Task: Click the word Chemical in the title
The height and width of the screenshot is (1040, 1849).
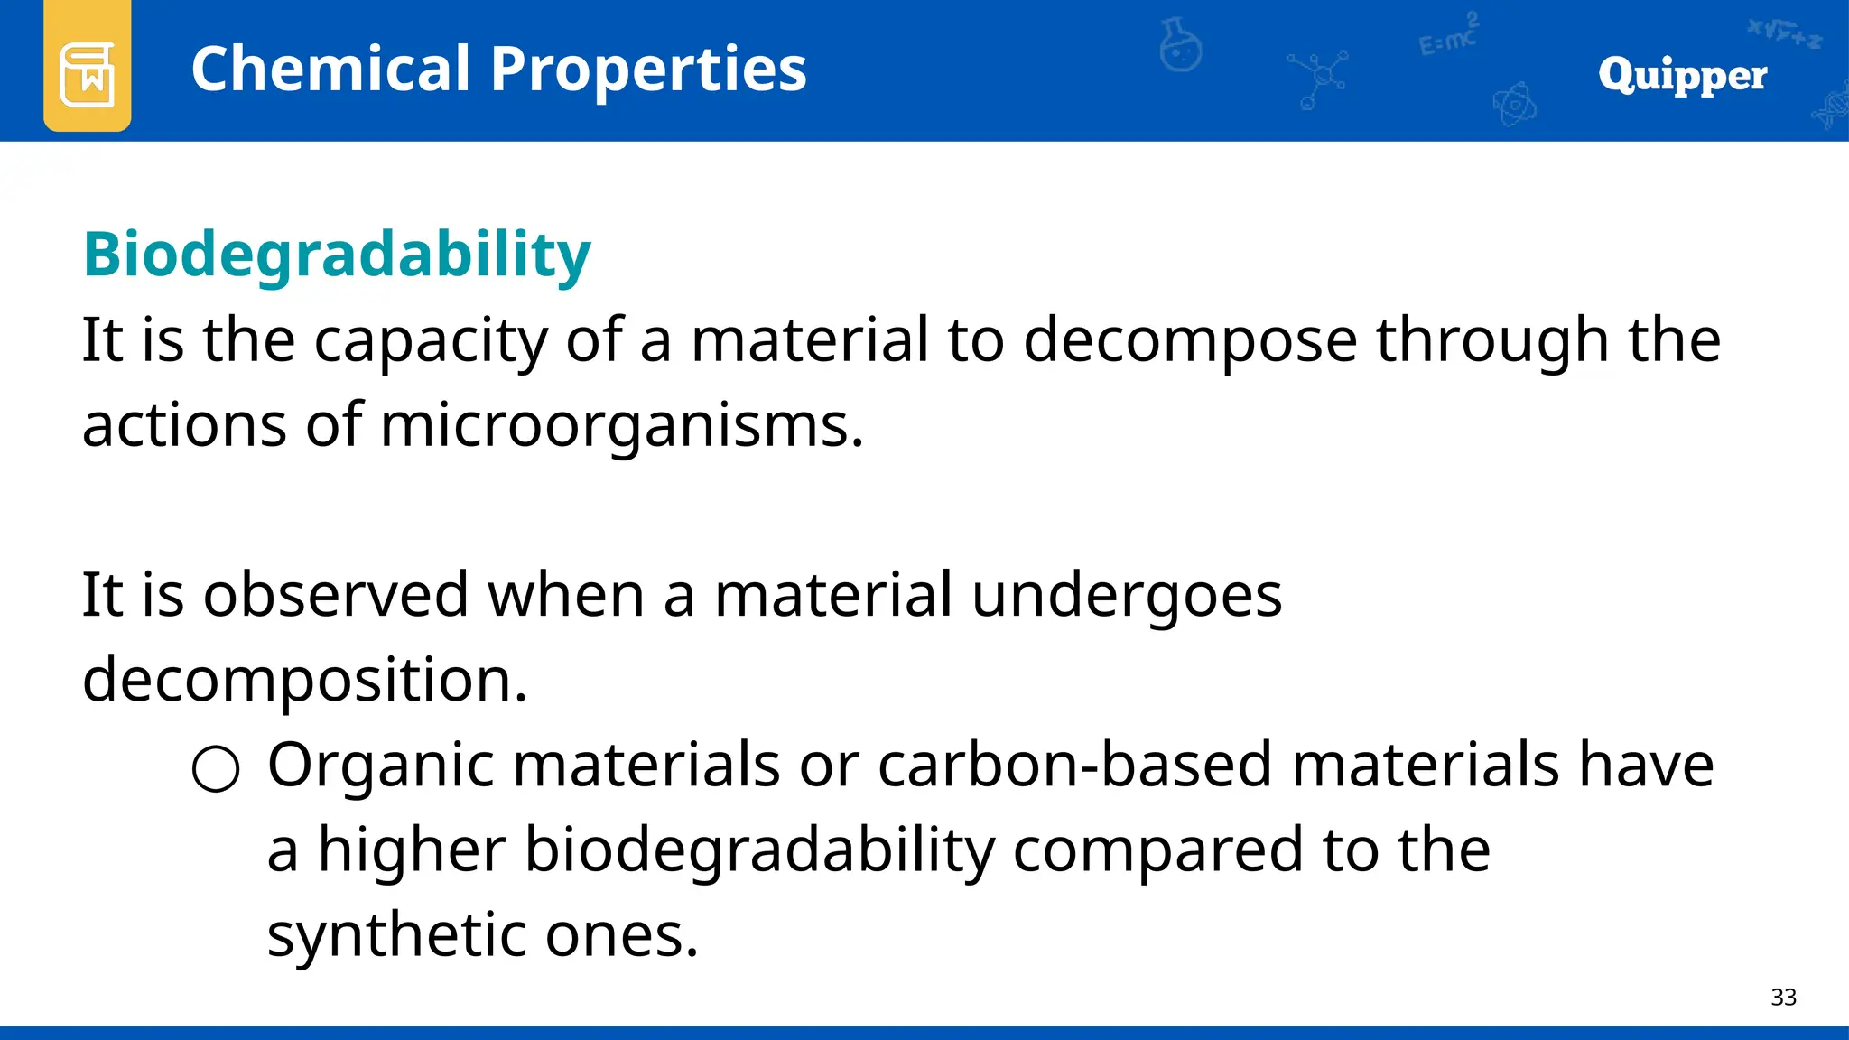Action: [330, 70]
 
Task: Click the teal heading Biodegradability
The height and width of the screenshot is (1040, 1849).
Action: [337, 255]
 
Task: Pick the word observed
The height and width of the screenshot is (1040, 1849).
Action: [336, 595]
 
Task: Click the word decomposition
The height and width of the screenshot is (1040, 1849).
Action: [304, 681]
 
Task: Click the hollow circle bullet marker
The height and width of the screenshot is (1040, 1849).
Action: [216, 769]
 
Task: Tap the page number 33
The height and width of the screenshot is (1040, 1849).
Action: [1783, 998]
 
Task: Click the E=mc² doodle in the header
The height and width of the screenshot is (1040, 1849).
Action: [1448, 36]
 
